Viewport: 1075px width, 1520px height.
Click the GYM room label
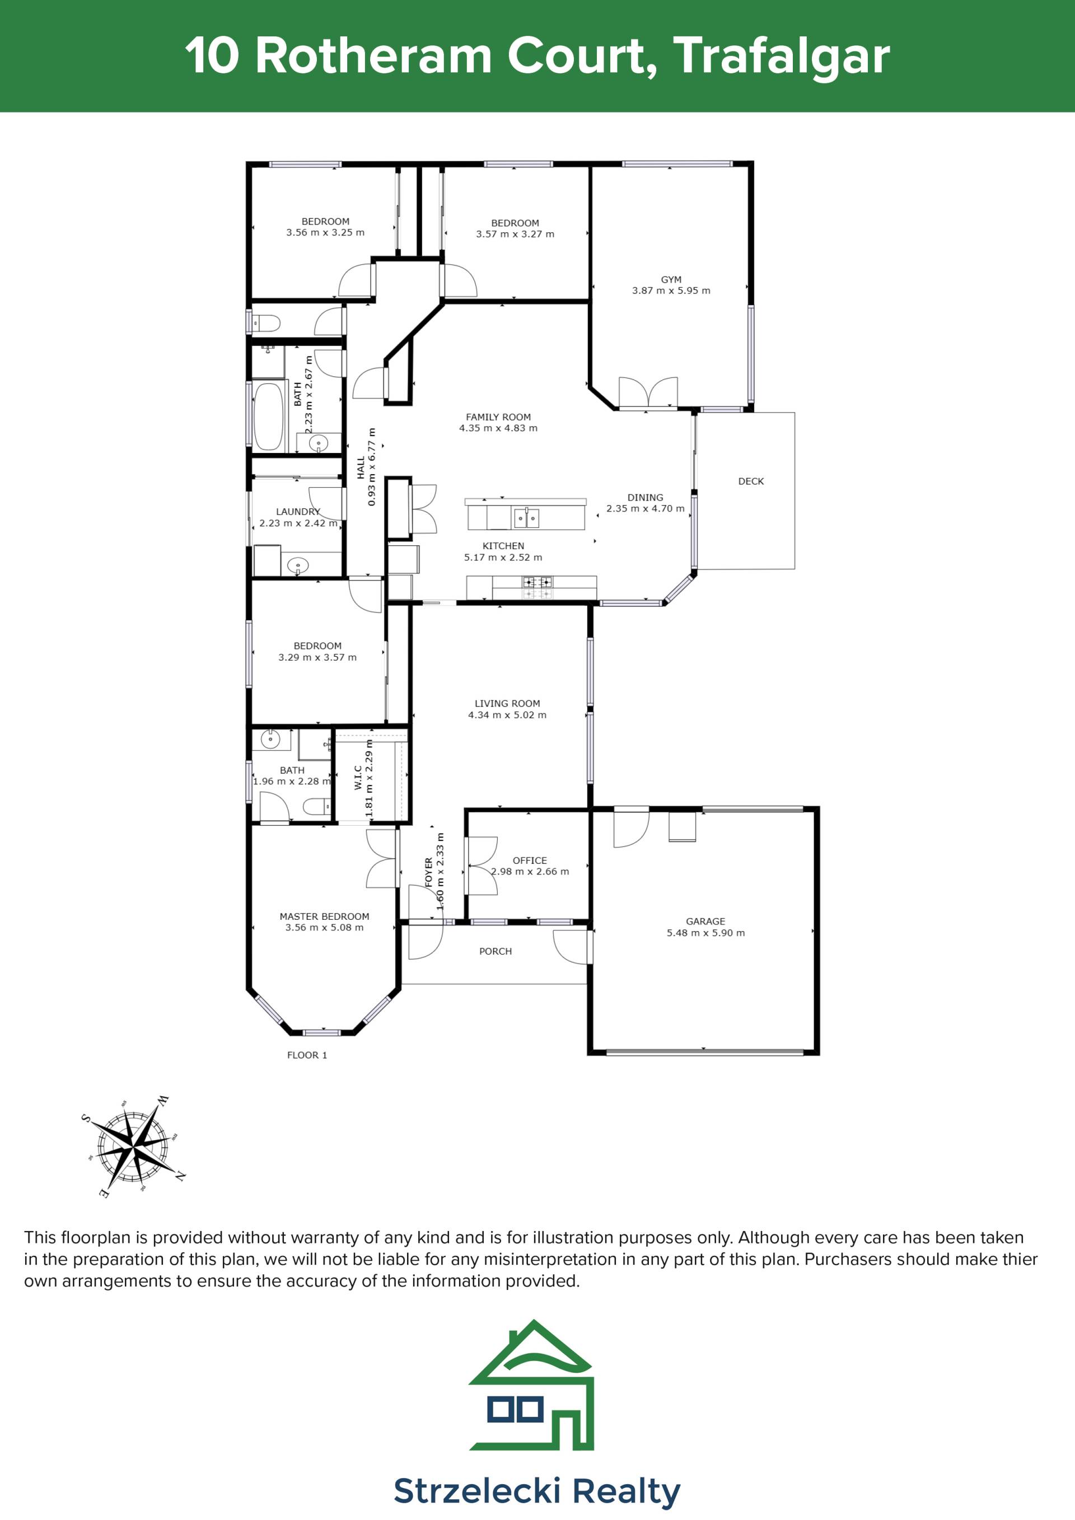tap(671, 279)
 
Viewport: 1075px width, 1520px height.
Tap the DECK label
tap(751, 481)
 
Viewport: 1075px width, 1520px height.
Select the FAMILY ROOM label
tap(498, 417)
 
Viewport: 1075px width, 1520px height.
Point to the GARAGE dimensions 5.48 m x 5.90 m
tap(705, 933)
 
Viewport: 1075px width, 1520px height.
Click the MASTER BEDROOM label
tap(324, 916)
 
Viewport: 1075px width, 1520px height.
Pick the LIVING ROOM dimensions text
tap(507, 715)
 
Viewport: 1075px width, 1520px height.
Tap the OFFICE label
tap(530, 860)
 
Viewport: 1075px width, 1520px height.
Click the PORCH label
tap(495, 951)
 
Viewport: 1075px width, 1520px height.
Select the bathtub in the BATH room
tap(268, 416)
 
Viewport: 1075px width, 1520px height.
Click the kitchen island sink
tap(526, 518)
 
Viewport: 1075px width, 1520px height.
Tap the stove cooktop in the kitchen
tap(537, 587)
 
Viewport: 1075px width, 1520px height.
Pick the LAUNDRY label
tap(298, 512)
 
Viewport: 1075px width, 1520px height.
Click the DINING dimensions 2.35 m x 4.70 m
tap(645, 508)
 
